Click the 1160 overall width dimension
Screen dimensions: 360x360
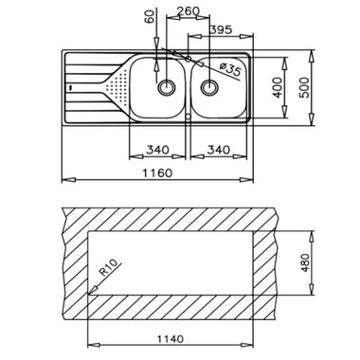[x=157, y=173]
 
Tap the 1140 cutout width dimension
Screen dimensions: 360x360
[x=171, y=339]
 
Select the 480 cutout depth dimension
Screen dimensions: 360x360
[x=306, y=262]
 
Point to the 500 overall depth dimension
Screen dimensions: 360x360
[x=305, y=87]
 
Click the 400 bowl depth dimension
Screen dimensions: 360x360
[x=278, y=87]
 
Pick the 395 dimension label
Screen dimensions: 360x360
[x=221, y=30]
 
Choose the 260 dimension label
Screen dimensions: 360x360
[x=188, y=11]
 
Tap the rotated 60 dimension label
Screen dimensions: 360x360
[x=151, y=16]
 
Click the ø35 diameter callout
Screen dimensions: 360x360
[x=230, y=70]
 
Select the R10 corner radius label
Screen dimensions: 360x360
[x=108, y=267]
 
